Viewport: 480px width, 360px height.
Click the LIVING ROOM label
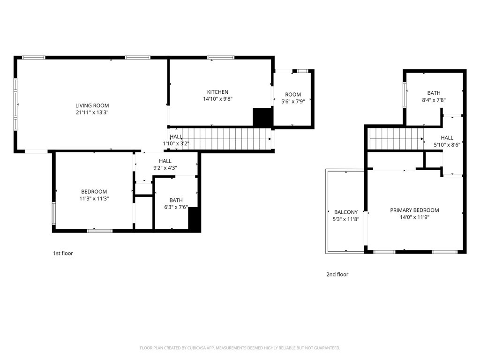[x=92, y=105]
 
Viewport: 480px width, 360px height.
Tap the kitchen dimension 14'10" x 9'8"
[x=217, y=99]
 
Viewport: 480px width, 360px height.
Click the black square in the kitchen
[x=262, y=117]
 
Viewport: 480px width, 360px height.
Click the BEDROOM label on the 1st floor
[x=94, y=191]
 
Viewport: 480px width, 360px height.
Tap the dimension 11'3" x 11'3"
[x=94, y=199]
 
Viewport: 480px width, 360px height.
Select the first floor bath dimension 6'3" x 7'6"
[x=176, y=207]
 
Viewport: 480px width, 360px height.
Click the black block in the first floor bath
[x=194, y=218]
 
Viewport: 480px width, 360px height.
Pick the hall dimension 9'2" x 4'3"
[x=165, y=168]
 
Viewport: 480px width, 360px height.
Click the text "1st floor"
[x=63, y=254]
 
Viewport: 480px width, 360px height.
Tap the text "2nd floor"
[x=337, y=275]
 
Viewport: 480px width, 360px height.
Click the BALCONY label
[x=346, y=212]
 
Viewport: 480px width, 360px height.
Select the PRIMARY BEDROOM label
[x=414, y=210]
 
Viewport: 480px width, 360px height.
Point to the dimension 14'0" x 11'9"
[x=414, y=217]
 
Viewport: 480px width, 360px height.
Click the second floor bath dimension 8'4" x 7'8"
[x=434, y=100]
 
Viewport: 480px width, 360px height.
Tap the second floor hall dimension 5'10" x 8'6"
[x=447, y=145]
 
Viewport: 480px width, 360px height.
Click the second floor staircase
[x=394, y=139]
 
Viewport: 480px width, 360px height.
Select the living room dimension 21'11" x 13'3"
[x=92, y=112]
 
